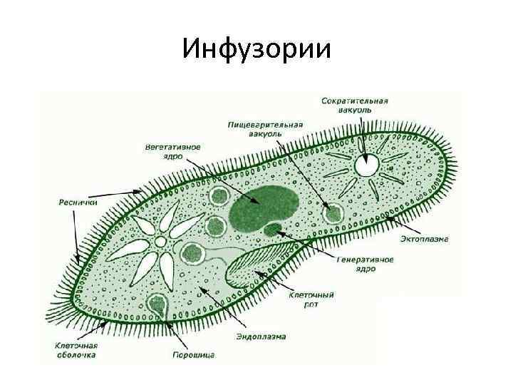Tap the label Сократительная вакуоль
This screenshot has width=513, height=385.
[354, 106]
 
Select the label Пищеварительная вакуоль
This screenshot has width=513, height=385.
[265, 129]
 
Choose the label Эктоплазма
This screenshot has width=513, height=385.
[423, 239]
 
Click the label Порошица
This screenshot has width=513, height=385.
[192, 354]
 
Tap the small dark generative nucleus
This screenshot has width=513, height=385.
[273, 230]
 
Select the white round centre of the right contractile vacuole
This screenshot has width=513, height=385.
[368, 166]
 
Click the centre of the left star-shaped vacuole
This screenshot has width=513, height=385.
[161, 242]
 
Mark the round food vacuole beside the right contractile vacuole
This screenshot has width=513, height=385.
[331, 212]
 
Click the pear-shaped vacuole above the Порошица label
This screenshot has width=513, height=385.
[157, 306]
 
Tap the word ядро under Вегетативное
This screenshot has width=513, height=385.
[172, 156]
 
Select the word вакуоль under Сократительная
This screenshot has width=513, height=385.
[353, 111]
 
